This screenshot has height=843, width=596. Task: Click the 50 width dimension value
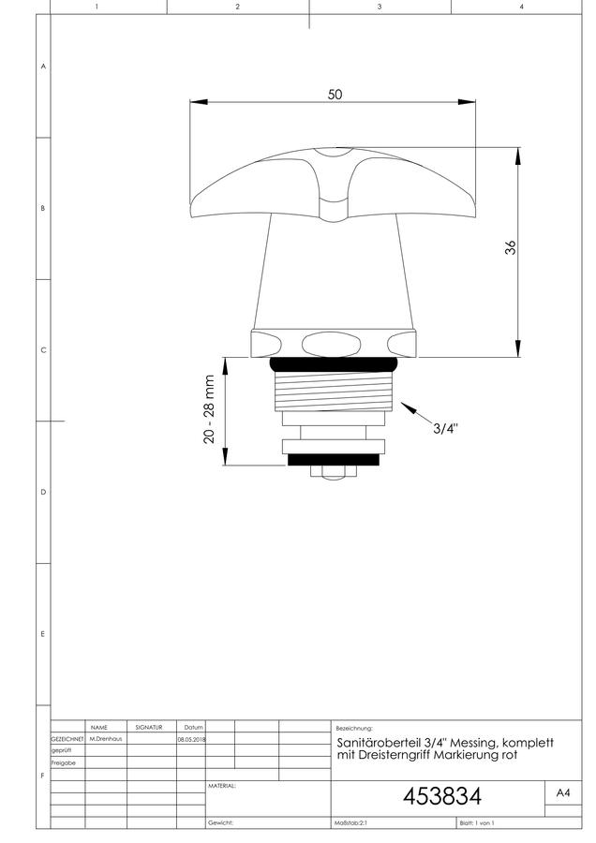coord(335,94)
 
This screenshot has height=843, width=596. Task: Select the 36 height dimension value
coord(510,247)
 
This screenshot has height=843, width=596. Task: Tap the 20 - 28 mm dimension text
coord(209,409)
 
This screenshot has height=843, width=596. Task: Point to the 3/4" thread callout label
coord(446,428)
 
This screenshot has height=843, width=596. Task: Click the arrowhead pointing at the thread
coord(409,407)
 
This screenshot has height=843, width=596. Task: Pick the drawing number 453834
coord(442,796)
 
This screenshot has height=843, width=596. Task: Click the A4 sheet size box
coord(563,793)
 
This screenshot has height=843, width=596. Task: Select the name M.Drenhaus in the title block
coord(106,739)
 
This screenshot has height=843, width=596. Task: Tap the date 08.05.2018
coord(191,739)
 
